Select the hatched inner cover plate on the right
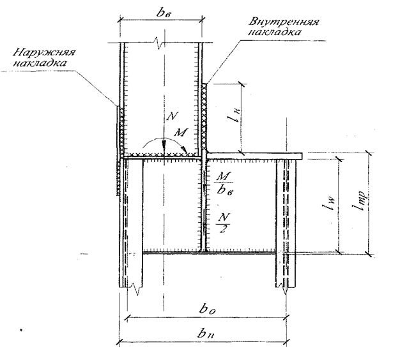tap(205, 118)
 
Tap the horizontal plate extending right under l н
tap(256, 155)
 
